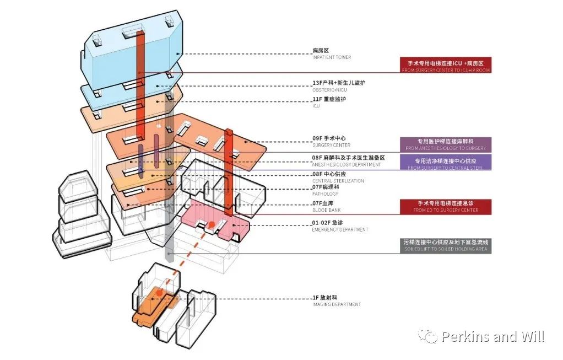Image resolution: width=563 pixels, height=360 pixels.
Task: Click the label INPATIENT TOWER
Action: pos(331,54)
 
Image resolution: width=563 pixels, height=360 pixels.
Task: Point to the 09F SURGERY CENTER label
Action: pos(331,141)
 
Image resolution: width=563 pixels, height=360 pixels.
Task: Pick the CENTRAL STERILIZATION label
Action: pos(338,177)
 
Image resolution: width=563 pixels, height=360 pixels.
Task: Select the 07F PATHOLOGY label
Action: pos(326,190)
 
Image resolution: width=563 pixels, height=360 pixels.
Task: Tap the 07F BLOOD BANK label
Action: pos(326,207)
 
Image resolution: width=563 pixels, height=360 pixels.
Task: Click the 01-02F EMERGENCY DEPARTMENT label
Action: pos(339,225)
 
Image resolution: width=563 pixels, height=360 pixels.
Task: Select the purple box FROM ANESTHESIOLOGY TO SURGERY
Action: pos(446,144)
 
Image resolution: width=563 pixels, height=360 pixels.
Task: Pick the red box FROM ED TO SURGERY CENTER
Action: pos(446,207)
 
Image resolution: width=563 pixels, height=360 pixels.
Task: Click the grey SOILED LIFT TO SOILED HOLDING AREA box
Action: pos(446,246)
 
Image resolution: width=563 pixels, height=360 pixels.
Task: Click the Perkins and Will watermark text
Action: pos(493,336)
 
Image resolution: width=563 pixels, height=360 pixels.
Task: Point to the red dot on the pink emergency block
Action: pos(210,224)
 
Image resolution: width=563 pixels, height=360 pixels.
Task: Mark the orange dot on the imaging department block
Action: pos(159,294)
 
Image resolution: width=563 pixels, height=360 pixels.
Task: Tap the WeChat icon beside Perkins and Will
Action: pos(427,336)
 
